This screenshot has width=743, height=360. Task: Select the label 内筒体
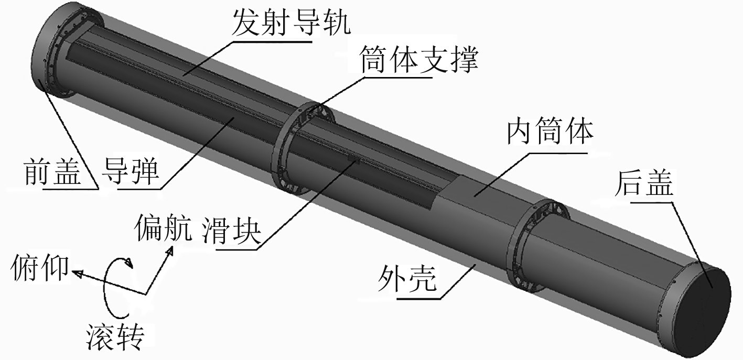click(x=550, y=133)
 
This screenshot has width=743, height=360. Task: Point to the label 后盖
click(x=645, y=183)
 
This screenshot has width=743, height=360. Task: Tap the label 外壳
click(x=407, y=280)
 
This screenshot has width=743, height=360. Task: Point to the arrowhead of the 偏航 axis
click(x=170, y=252)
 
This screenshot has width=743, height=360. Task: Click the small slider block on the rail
click(x=352, y=159)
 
